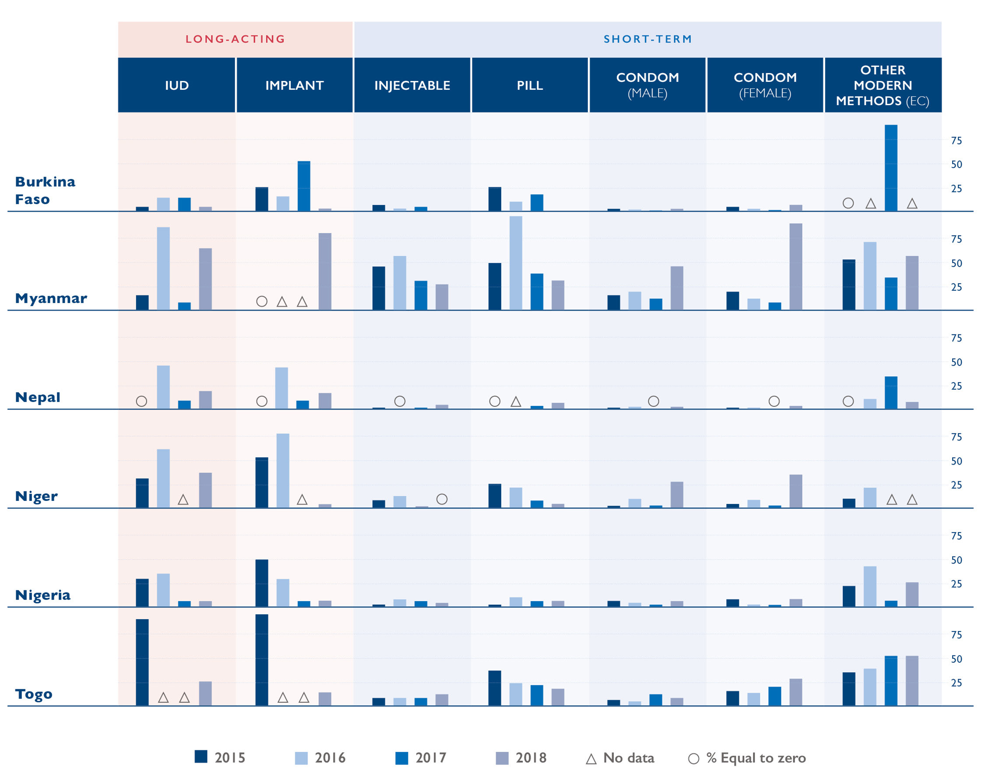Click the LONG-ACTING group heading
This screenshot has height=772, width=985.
point(235,39)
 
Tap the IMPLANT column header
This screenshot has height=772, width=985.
point(294,85)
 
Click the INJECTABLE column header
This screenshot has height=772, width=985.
point(412,85)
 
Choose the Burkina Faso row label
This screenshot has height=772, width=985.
point(45,190)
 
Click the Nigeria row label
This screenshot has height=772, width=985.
point(42,595)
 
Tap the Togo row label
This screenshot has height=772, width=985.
point(33,694)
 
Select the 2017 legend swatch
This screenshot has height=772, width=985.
point(401,758)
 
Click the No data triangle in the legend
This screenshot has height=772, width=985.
point(591,759)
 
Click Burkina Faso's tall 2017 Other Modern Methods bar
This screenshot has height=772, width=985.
point(890,168)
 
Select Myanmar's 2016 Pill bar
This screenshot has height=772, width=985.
point(516,263)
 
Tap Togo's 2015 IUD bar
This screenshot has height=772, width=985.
point(142,662)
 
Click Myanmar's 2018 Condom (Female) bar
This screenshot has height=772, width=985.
point(796,267)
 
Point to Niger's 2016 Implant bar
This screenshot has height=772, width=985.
point(282,471)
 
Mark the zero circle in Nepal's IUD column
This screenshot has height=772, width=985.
point(141,401)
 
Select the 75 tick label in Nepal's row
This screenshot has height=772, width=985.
point(956,338)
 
